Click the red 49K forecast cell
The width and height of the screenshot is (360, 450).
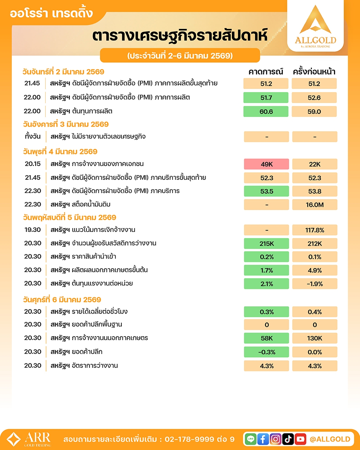point(266,164)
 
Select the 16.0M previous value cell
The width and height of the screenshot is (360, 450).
point(314,205)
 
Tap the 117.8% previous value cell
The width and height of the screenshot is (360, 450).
point(314,230)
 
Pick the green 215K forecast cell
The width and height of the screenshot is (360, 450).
point(266,244)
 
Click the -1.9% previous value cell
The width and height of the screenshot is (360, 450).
point(314,284)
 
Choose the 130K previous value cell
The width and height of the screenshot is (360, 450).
point(314,338)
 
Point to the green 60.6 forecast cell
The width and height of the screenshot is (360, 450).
point(266,111)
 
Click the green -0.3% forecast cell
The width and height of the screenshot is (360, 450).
point(266,352)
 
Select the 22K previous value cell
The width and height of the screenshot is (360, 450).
point(314,164)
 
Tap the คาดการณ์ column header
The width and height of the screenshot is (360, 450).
point(265,72)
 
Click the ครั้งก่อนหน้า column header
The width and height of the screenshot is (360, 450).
point(314,72)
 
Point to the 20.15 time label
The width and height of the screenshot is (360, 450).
point(33,164)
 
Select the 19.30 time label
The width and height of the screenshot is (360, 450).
point(33,230)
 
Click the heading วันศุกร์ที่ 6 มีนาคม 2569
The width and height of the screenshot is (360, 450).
point(62,299)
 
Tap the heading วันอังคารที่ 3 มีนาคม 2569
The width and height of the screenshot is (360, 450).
point(66,124)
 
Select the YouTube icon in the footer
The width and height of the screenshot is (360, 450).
point(300,439)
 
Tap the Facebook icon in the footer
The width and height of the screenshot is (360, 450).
point(263,439)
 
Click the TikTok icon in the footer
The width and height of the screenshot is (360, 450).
point(288,439)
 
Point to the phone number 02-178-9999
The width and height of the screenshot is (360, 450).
point(189,439)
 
